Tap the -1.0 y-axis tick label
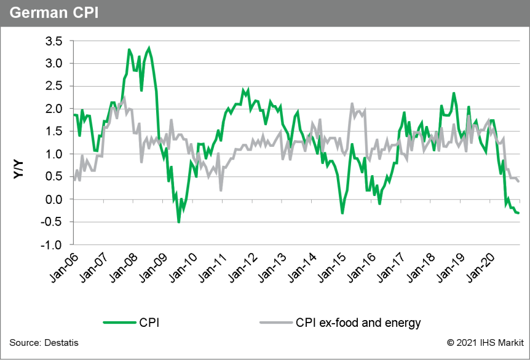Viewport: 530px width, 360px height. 52,245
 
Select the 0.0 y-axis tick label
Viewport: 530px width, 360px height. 54,200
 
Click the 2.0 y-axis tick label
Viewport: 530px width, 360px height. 54,109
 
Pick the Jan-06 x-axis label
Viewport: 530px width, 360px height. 60,269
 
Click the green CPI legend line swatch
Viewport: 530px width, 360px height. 121,322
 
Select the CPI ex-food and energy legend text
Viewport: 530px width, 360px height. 358,322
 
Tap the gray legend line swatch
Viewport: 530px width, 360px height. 274,322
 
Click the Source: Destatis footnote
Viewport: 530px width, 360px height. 44,342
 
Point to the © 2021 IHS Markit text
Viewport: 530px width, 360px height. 486,342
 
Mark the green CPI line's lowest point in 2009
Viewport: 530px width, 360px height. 179,222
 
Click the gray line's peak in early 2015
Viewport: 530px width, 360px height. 352,104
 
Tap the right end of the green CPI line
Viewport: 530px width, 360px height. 518,213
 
